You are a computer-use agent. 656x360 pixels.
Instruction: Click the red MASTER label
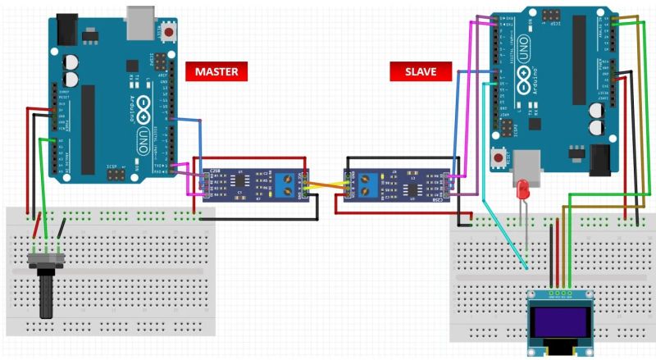pyautogui.click(x=216, y=71)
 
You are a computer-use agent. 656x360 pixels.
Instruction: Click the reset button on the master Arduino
pyautogui.click(x=171, y=31)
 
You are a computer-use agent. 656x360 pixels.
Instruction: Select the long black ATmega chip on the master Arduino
pyautogui.click(x=88, y=124)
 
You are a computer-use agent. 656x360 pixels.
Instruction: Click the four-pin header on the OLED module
pyautogui.click(x=561, y=291)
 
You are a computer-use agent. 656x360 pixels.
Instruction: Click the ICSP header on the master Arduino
pyautogui.click(x=116, y=175)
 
